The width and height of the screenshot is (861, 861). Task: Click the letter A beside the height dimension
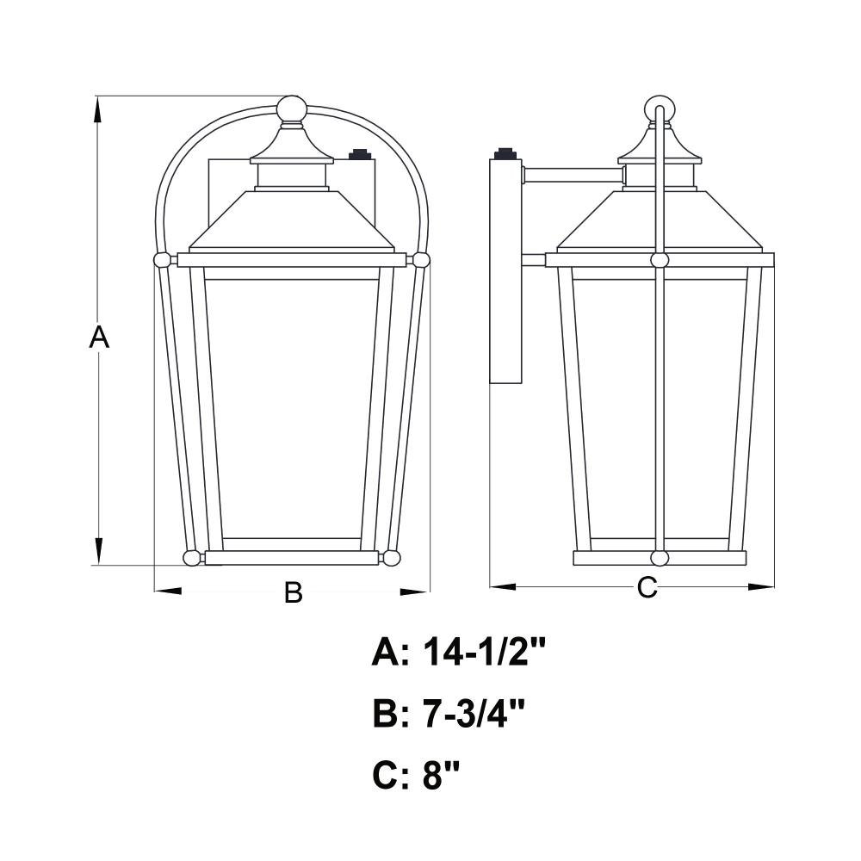(x=99, y=337)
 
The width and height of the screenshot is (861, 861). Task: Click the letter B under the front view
(x=294, y=592)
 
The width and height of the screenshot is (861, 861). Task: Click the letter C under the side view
(x=647, y=587)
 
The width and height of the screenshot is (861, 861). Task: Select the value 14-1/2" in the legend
(x=484, y=653)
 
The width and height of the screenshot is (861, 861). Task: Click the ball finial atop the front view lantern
(x=290, y=108)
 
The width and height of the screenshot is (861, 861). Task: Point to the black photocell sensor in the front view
(x=359, y=154)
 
